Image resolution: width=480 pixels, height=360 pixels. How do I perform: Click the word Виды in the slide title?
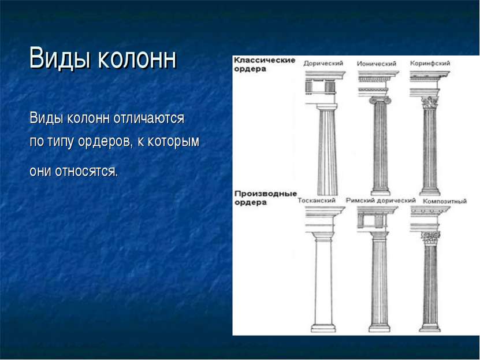click(x=61, y=58)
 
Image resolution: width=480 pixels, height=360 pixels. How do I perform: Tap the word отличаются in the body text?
click(x=149, y=118)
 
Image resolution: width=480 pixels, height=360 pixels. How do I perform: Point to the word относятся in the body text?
click(x=86, y=171)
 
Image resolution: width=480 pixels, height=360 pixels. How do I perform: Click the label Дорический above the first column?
click(x=323, y=64)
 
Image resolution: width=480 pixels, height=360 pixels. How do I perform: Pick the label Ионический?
click(x=377, y=64)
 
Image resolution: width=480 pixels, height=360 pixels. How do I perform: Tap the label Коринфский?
click(x=430, y=64)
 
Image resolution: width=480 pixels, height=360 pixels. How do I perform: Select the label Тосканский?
click(x=317, y=201)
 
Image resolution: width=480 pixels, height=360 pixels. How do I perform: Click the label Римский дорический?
click(x=381, y=201)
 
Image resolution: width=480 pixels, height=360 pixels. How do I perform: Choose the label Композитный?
click(x=445, y=201)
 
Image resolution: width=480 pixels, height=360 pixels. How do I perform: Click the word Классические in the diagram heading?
click(x=265, y=60)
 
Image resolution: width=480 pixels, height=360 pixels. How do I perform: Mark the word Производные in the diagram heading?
click(x=265, y=194)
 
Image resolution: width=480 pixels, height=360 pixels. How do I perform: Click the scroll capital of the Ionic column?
click(x=380, y=100)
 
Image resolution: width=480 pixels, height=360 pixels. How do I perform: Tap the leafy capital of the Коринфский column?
click(x=430, y=102)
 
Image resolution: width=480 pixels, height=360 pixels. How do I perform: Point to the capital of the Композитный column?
click(x=430, y=238)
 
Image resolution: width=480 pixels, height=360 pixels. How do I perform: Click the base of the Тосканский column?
click(x=323, y=328)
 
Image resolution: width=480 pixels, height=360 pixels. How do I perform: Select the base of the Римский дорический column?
click(x=379, y=328)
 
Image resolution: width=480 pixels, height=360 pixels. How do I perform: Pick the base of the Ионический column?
click(x=381, y=191)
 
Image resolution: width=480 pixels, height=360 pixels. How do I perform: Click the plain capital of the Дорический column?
click(x=327, y=107)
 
